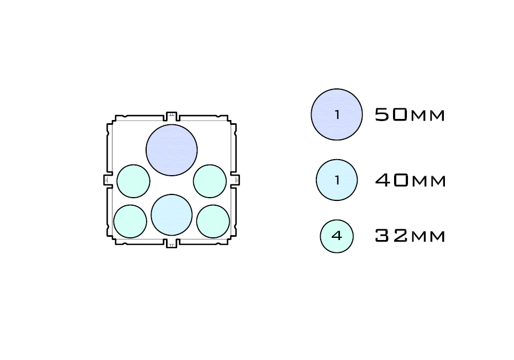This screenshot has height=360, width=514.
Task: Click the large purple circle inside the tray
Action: (x=171, y=150)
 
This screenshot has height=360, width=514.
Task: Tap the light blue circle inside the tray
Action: (x=171, y=215)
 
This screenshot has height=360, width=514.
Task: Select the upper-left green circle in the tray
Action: (x=133, y=181)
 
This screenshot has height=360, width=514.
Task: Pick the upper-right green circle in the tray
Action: (x=210, y=181)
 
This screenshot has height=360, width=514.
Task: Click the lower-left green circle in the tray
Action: (x=130, y=221)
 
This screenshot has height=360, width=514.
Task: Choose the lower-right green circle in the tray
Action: (x=213, y=221)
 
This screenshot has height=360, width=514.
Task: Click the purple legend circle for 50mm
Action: (x=337, y=115)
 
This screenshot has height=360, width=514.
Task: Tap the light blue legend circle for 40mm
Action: (x=337, y=180)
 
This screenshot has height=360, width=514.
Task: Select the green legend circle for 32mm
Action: (x=337, y=236)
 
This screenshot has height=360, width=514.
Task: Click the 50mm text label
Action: (x=410, y=115)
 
